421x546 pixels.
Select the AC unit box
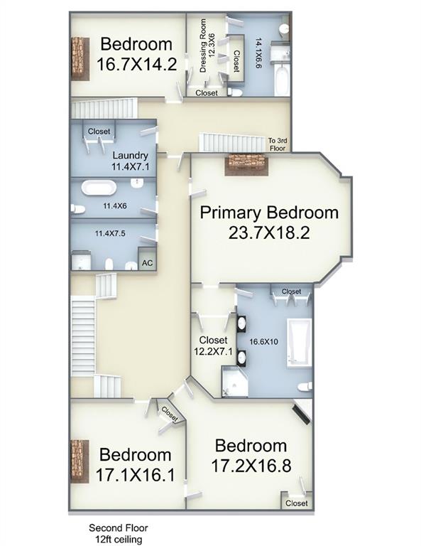(148, 262)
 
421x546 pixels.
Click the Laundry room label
(130, 156)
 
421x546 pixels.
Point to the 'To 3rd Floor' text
(278, 144)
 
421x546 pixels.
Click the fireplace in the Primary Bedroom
(246, 164)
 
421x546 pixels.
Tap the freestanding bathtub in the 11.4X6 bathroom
(99, 188)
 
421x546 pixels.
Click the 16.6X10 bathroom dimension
(262, 341)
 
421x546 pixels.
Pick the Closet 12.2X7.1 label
(213, 346)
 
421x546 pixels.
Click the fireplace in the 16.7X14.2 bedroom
(79, 57)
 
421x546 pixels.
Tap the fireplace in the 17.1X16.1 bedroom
(79, 461)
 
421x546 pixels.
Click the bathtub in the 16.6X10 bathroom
(299, 343)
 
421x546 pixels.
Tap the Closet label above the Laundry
(99, 132)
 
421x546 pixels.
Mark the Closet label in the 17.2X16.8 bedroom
(296, 503)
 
